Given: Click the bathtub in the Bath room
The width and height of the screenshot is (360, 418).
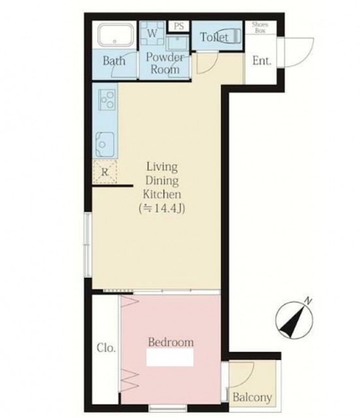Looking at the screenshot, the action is tap(115, 35).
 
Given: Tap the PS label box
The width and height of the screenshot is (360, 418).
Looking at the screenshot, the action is tap(178, 26).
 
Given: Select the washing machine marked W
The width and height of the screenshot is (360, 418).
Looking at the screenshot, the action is tap(152, 33).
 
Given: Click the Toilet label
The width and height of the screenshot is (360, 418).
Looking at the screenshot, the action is tap(214, 37).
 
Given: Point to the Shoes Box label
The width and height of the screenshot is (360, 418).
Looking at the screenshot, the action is tap(260, 27).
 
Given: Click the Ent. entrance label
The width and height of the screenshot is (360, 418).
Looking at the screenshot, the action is tap(261, 61).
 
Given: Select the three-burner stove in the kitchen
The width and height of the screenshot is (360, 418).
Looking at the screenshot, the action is tap(107, 100).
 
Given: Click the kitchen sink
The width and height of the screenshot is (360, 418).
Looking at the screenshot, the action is tap(105, 144).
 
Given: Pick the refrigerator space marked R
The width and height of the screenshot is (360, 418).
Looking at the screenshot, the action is tap(105, 172).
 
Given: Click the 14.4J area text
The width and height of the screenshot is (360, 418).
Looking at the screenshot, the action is tap(162, 208).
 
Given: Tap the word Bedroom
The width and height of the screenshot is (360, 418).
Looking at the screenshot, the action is tap(171, 342).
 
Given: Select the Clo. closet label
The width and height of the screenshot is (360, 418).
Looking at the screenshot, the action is tap(106, 347).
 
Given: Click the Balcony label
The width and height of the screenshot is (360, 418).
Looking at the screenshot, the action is tap(252, 398).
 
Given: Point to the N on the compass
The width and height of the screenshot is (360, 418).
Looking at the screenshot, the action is tap(308, 301).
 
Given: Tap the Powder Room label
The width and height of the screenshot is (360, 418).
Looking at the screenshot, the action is tap(165, 63).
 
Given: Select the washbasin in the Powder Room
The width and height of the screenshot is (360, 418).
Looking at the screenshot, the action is tap(177, 43).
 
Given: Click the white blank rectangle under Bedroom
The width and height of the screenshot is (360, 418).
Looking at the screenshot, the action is tap(170, 357).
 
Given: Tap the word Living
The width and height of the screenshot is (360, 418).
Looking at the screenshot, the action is tap(162, 167).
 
